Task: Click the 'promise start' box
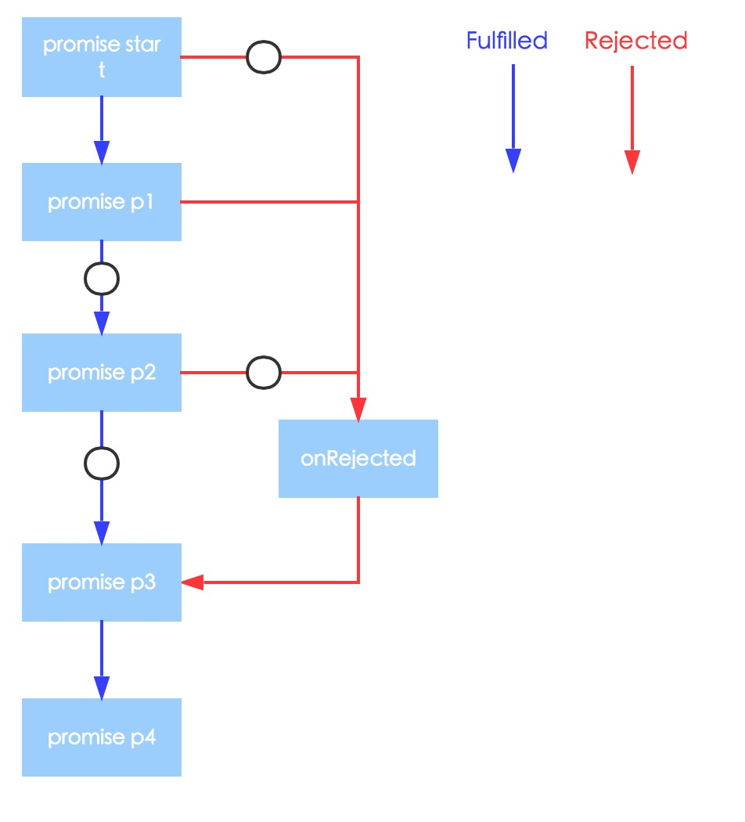coord(102,57)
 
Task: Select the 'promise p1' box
coord(102,202)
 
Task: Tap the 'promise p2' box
coord(102,373)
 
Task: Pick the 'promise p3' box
coord(102,582)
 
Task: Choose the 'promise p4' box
coord(102,737)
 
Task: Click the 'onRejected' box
coord(358,459)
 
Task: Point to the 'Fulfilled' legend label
coord(506,41)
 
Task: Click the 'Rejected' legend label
coord(635,41)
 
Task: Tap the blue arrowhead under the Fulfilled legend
coord(513,160)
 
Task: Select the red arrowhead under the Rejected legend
coord(632,162)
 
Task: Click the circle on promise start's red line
coord(264,57)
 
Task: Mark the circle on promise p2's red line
coord(264,373)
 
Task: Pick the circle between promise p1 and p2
coord(102,278)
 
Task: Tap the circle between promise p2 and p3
coord(102,464)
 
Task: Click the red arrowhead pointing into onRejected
coord(358,409)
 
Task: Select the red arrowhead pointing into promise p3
coord(193,582)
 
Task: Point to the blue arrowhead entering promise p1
coord(102,152)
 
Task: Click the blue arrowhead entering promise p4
coord(102,687)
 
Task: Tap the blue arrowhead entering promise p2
coord(102,323)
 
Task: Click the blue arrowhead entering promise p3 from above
coord(102,532)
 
